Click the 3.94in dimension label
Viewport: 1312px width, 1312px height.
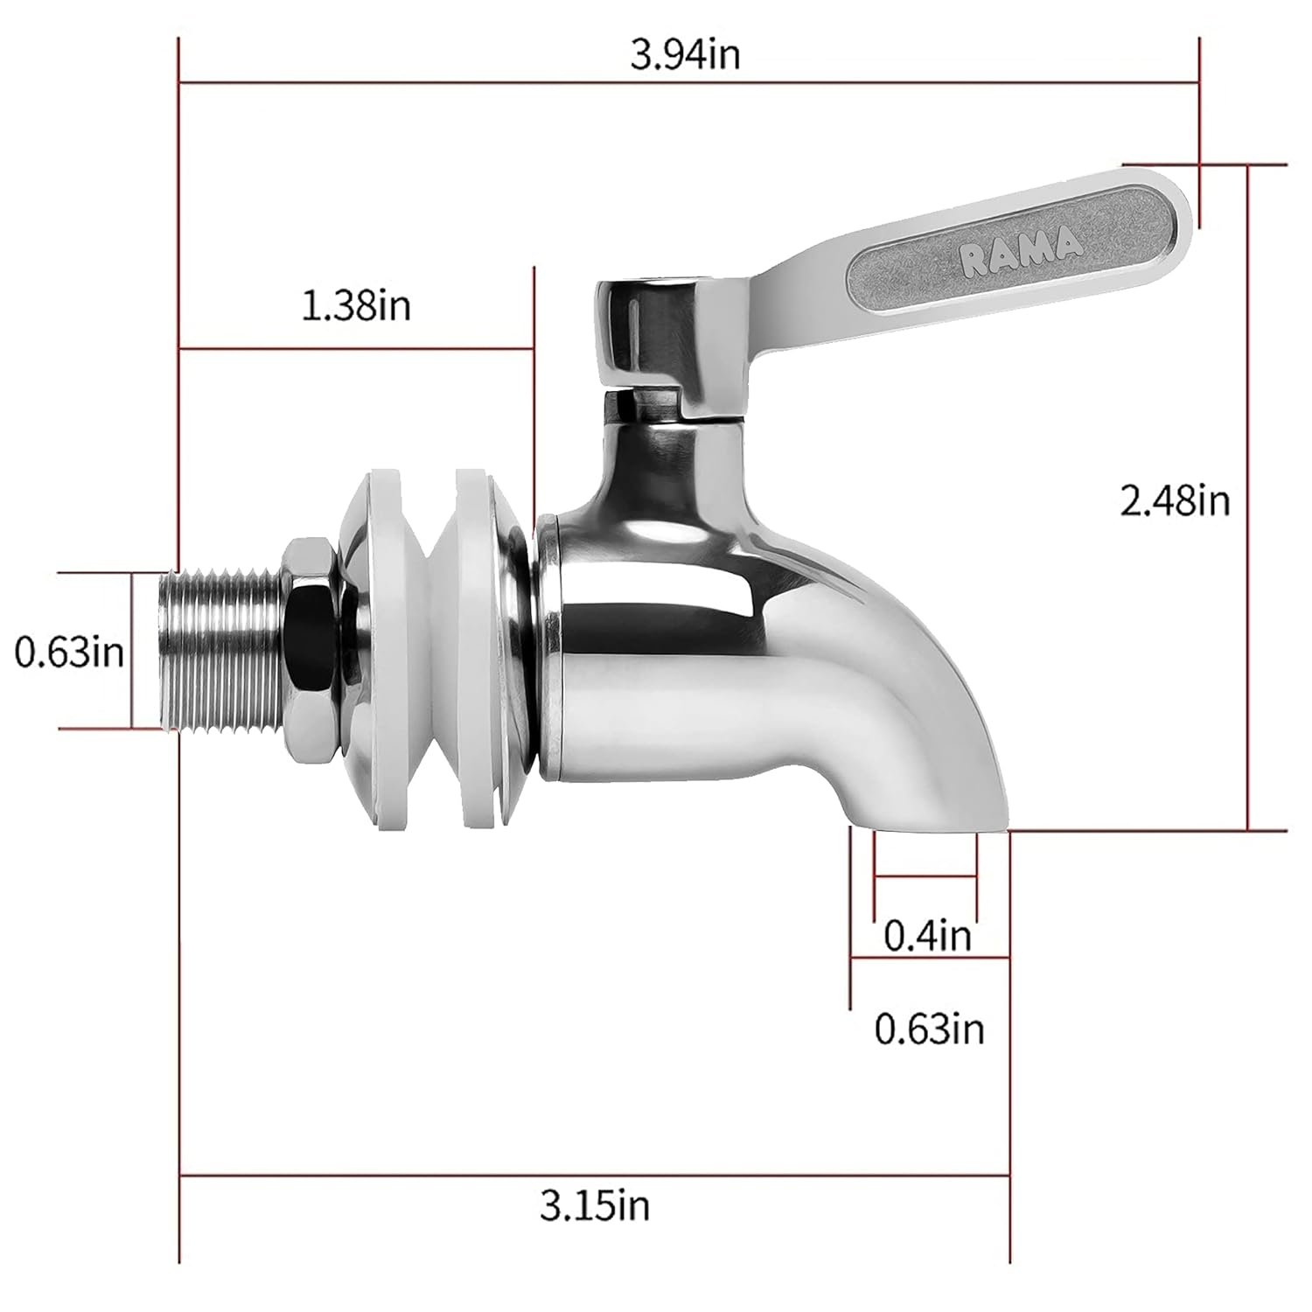(x=685, y=55)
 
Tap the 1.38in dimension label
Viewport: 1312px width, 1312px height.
(x=356, y=306)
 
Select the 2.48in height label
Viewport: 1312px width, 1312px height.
(x=1175, y=501)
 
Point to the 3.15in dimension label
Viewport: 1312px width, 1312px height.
(x=595, y=1207)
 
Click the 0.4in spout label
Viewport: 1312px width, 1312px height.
(x=927, y=936)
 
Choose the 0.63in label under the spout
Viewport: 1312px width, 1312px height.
(x=929, y=1029)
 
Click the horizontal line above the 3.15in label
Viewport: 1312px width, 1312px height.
(x=595, y=1176)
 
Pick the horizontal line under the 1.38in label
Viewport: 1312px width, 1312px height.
(x=356, y=349)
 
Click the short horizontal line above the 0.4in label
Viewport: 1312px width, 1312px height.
(x=925, y=876)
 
